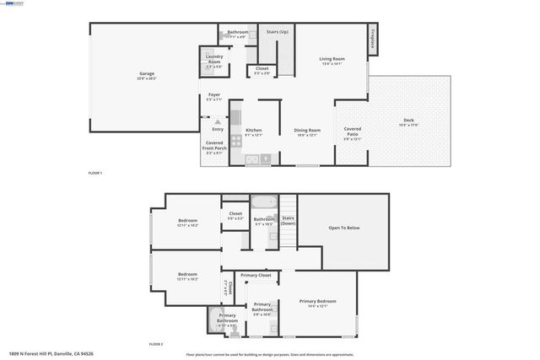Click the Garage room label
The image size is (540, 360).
pyautogui.click(x=147, y=74)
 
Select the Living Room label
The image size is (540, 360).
pyautogui.click(x=332, y=58)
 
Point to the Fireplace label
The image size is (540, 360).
pyautogui.click(x=373, y=40)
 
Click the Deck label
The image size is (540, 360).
pyautogui.click(x=408, y=121)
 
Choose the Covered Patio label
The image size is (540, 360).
pyautogui.click(x=353, y=131)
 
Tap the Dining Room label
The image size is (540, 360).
pyautogui.click(x=307, y=130)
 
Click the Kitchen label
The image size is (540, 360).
pyautogui.click(x=253, y=130)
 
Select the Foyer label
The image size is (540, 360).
pyautogui.click(x=214, y=96)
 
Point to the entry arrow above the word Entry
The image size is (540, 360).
pyautogui.click(x=217, y=121)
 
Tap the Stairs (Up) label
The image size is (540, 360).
pyautogui.click(x=278, y=31)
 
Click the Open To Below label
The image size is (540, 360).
pyautogui.click(x=344, y=228)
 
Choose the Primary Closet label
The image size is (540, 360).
pyautogui.click(x=256, y=276)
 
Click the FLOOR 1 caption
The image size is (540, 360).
pyautogui.click(x=95, y=173)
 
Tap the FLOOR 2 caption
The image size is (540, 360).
pyautogui.click(x=156, y=344)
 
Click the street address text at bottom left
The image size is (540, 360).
pyautogui.click(x=50, y=353)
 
